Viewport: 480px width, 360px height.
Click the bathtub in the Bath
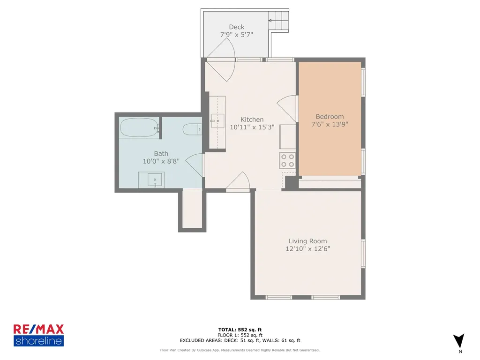(x=139, y=127)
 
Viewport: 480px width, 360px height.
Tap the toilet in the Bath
(x=192, y=129)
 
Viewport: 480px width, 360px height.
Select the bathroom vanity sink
(x=155, y=180)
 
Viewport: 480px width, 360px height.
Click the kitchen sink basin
(x=217, y=121)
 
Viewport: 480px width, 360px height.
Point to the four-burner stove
(x=287, y=160)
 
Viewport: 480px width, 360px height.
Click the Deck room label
(x=237, y=27)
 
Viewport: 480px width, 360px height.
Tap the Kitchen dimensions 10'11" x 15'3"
(x=252, y=127)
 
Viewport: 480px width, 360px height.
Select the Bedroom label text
(x=330, y=117)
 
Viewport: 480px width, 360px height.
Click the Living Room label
(x=307, y=241)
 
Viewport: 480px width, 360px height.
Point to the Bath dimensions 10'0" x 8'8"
(x=161, y=161)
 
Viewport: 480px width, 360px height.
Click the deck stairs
(x=278, y=21)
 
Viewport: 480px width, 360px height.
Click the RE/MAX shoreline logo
(x=38, y=335)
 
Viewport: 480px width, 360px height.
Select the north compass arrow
(x=458, y=341)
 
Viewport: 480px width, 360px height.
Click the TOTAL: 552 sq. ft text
(x=240, y=330)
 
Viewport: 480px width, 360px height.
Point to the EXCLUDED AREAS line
(x=240, y=340)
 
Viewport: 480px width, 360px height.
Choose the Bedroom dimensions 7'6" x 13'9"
(x=330, y=124)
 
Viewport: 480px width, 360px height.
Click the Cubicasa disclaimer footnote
(x=240, y=350)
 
